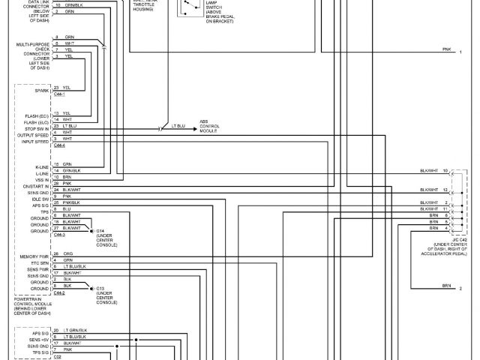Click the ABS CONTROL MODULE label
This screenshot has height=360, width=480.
(x=209, y=125)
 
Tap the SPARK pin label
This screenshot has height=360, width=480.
(x=42, y=90)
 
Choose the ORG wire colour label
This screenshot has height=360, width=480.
(x=67, y=254)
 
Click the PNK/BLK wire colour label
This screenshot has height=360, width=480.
(x=73, y=202)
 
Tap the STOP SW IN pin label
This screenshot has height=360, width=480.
(x=37, y=129)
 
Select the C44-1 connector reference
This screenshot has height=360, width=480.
(x=59, y=94)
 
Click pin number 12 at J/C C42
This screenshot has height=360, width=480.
(x=445, y=190)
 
